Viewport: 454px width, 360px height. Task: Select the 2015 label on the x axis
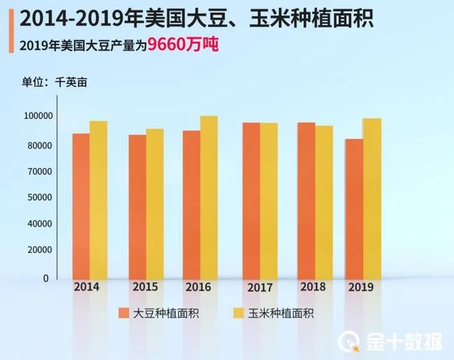(146, 288)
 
